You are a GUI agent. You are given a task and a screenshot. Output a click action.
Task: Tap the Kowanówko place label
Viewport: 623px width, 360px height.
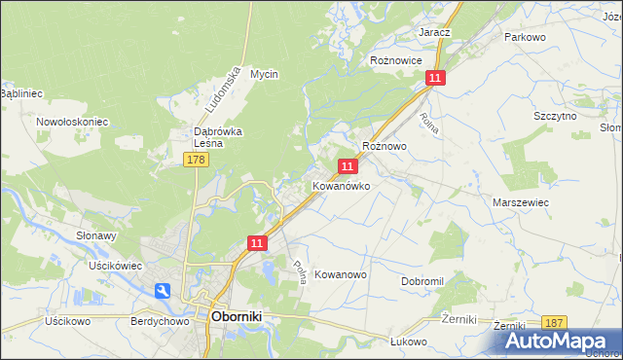(x=341, y=185)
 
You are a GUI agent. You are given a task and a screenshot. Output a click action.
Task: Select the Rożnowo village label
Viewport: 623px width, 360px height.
(x=384, y=146)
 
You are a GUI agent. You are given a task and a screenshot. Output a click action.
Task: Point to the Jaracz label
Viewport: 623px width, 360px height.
(x=434, y=32)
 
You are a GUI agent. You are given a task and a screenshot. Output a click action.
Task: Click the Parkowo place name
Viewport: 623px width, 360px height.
(x=524, y=36)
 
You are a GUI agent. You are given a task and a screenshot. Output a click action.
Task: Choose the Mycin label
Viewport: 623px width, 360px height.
(x=265, y=74)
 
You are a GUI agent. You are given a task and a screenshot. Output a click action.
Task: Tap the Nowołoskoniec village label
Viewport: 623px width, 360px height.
(x=72, y=122)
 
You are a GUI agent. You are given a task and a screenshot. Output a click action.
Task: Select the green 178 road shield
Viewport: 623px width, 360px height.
(x=197, y=159)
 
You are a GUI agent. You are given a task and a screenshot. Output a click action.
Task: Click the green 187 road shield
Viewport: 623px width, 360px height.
(x=555, y=322)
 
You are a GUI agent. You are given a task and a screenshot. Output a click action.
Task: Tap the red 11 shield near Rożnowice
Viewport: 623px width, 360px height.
(x=435, y=77)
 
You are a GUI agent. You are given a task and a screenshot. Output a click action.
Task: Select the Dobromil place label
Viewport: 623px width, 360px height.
(x=422, y=280)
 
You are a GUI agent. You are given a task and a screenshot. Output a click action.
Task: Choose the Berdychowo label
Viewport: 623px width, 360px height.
(x=157, y=319)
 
